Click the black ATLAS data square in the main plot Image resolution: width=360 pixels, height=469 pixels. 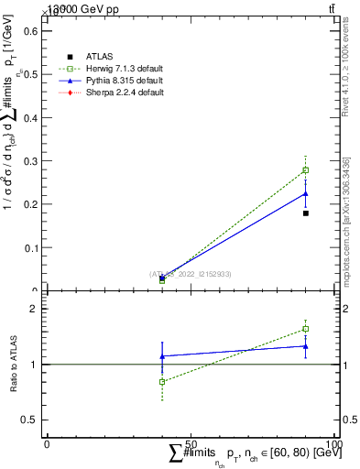tap(306, 213)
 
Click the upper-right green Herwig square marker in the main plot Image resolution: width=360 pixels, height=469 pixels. tap(306, 169)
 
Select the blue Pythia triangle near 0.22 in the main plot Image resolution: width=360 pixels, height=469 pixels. tap(306, 193)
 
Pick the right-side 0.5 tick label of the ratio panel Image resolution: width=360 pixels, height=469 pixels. tap(348, 420)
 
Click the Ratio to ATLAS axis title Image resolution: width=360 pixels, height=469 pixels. tap(14, 364)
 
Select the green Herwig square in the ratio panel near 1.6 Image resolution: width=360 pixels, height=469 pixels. tap(306, 329)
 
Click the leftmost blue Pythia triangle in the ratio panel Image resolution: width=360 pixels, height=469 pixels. tap(162, 356)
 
